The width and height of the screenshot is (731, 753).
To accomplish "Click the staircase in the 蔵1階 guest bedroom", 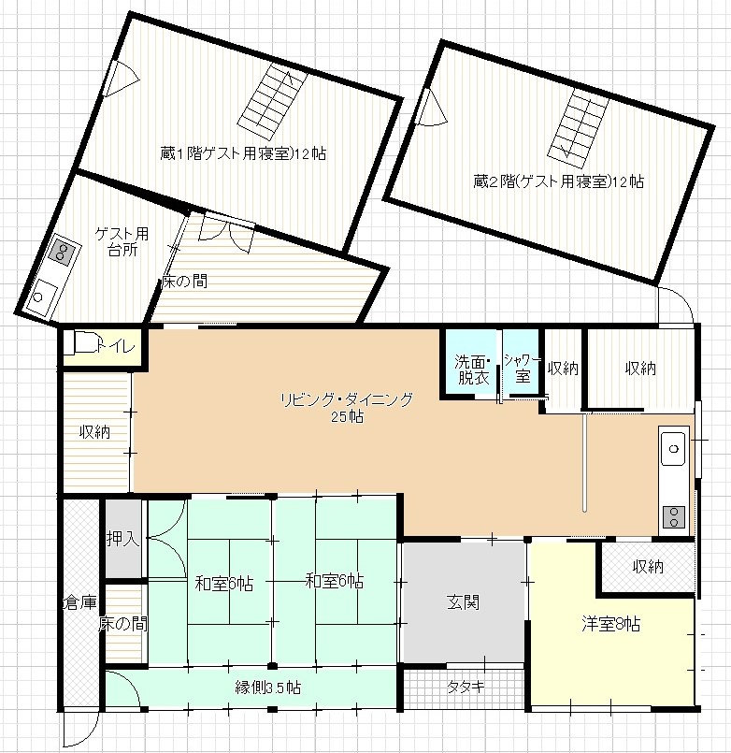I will [271, 98].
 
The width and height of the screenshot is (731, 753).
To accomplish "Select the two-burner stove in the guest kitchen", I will [63, 250].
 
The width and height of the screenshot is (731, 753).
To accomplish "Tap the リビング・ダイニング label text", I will [346, 399].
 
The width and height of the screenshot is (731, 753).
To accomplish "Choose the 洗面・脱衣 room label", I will [472, 369].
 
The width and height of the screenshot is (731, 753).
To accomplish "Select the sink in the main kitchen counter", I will [674, 451].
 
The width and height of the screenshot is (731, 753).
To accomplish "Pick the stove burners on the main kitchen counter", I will [674, 515].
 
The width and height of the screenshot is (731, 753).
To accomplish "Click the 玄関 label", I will [463, 602].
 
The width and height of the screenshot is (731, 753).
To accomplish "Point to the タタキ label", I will [465, 687].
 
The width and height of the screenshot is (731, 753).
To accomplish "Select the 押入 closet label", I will [122, 539].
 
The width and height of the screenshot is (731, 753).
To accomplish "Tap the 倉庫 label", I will [79, 602].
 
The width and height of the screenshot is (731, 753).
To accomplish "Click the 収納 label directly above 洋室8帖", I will [647, 566].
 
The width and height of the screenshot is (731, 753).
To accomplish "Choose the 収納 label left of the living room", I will [94, 432].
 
